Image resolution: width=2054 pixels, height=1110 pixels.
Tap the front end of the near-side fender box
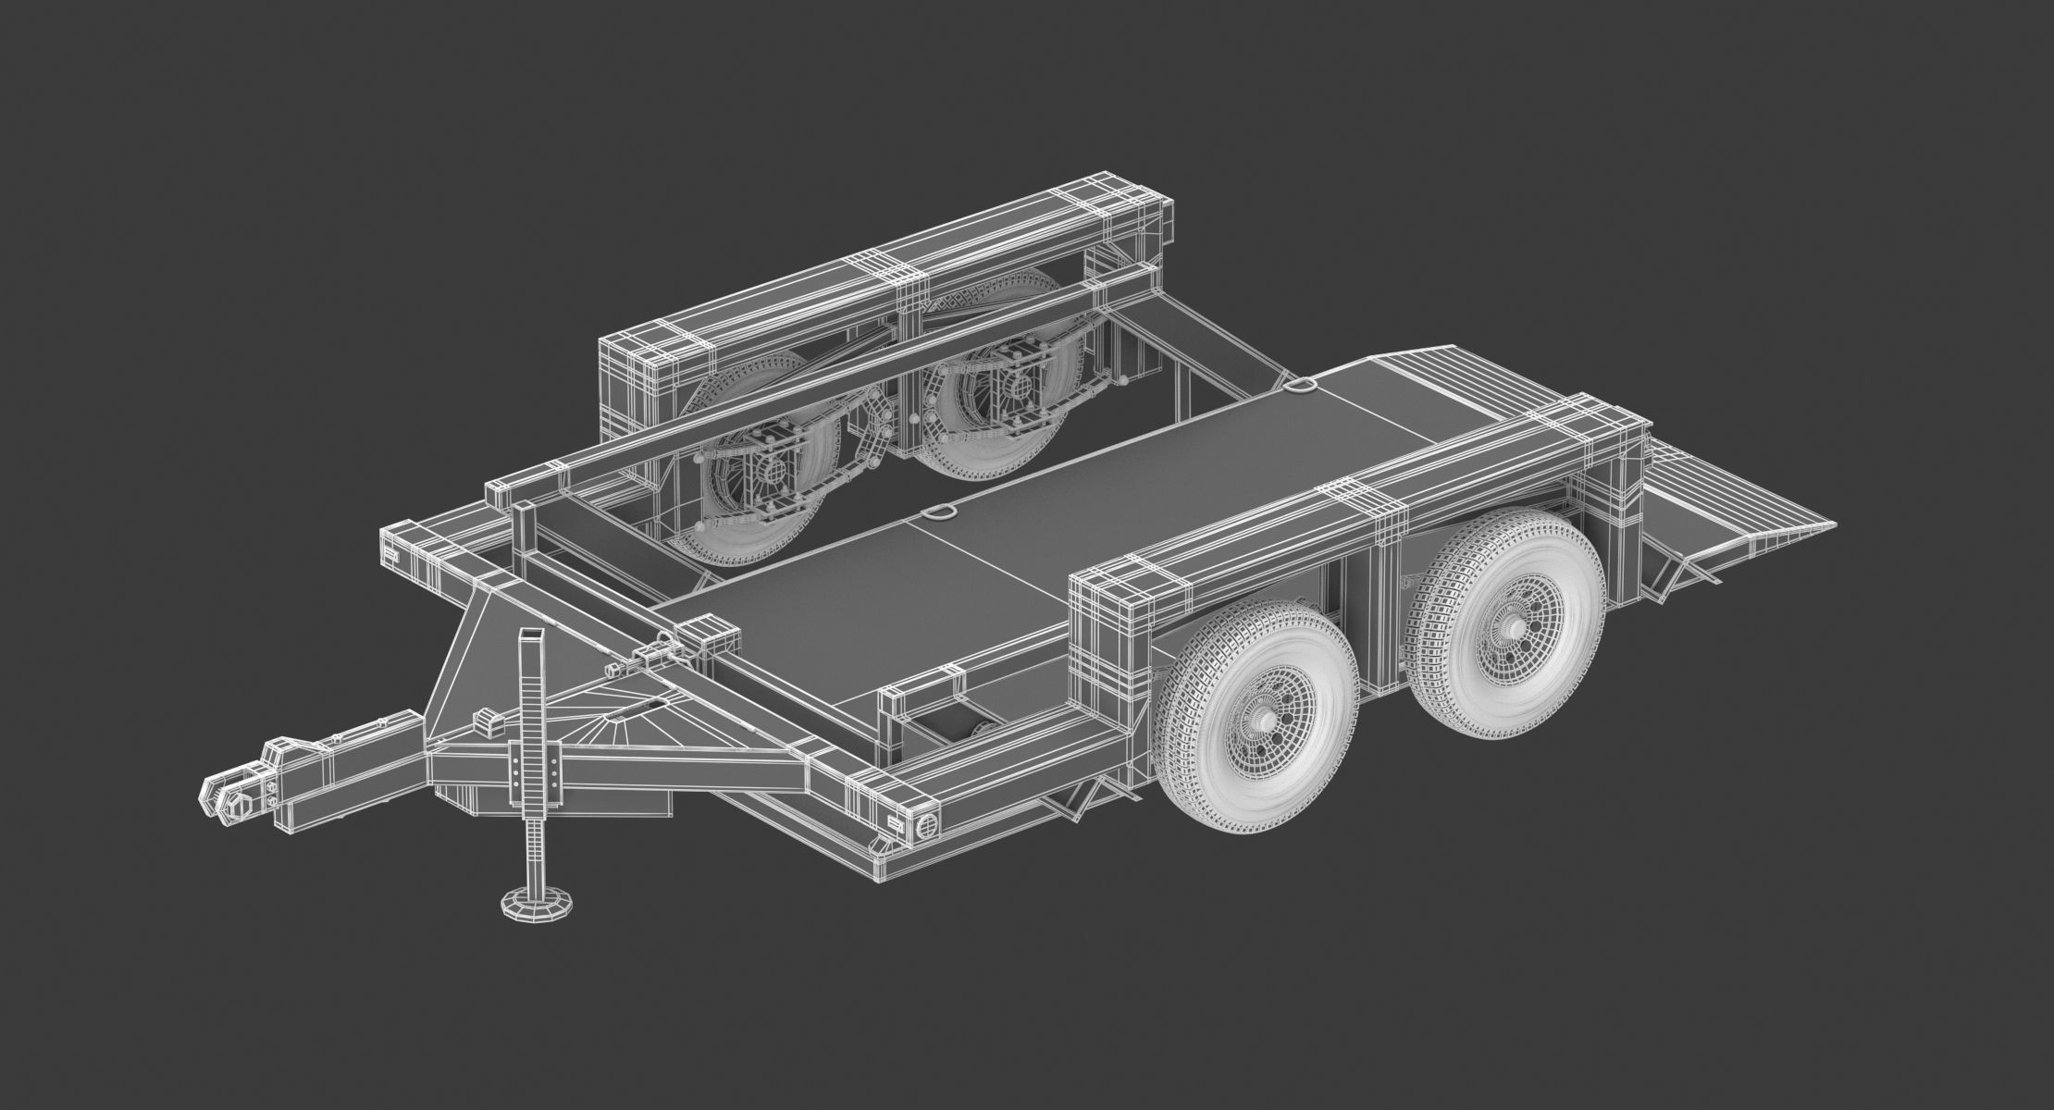click(x=1106, y=647)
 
